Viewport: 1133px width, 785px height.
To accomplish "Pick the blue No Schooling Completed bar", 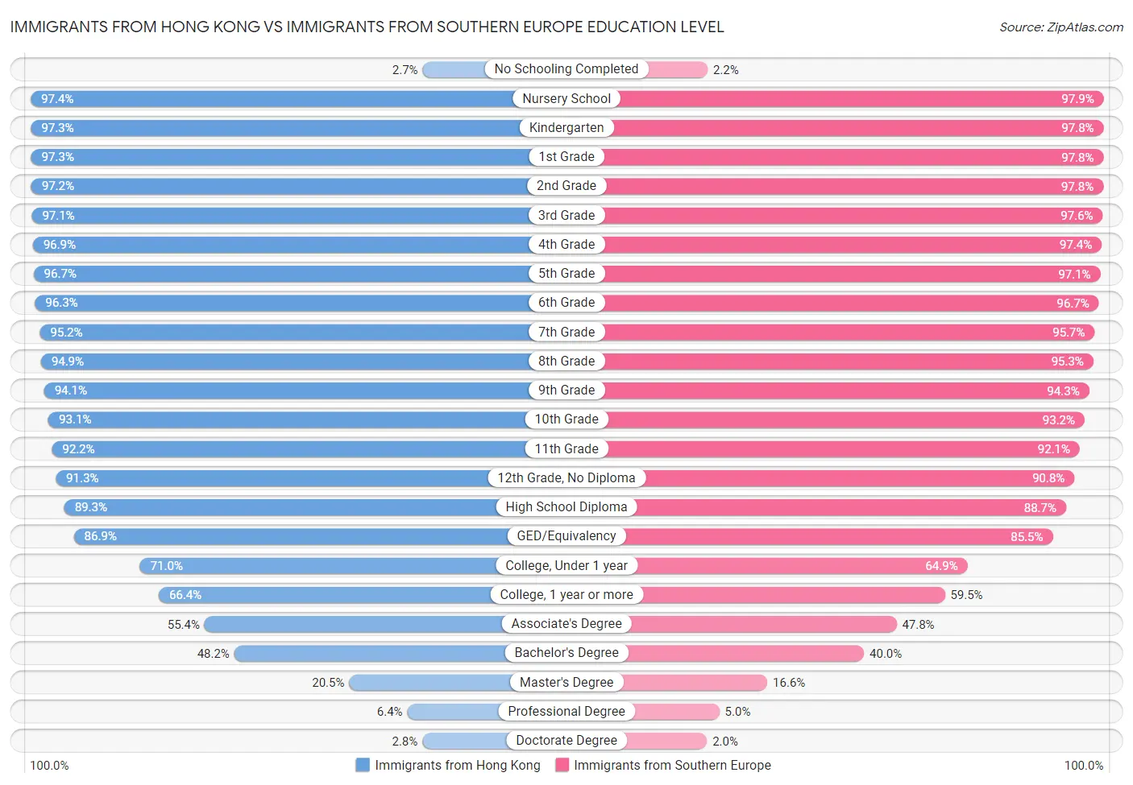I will (x=454, y=70).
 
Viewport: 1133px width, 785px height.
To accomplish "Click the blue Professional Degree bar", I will (x=454, y=712).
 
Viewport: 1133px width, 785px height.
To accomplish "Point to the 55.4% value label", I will (x=183, y=625).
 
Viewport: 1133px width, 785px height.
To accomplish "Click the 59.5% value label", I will (x=966, y=595).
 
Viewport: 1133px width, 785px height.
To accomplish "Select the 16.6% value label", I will (x=789, y=683).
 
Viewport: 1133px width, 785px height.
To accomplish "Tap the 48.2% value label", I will (x=213, y=654).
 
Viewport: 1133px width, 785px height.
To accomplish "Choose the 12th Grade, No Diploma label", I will (x=566, y=478).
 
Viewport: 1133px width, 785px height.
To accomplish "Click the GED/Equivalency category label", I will (x=566, y=536).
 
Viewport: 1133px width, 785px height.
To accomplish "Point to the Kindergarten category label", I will (x=566, y=128).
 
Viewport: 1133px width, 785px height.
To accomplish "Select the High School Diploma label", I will (x=566, y=507).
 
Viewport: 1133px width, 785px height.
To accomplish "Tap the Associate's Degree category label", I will (x=566, y=624).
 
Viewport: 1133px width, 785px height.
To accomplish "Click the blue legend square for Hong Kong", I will (x=363, y=765).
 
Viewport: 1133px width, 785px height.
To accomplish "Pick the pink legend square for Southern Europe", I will (x=562, y=765).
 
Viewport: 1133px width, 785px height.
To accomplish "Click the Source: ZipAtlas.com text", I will (x=1060, y=27).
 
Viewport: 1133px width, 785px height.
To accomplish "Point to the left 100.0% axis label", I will (x=49, y=766).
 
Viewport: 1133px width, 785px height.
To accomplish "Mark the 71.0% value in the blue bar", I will (x=166, y=566).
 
